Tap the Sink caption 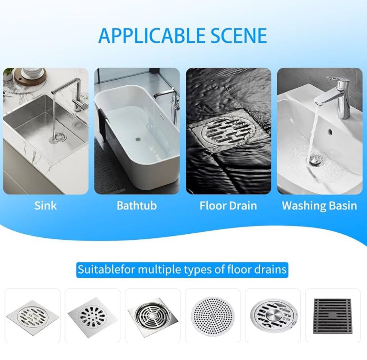45,205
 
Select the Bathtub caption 137,205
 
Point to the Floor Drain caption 228,205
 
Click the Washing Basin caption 319,205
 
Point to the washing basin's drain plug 315,159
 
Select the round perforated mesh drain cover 212,316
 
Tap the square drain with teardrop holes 92,316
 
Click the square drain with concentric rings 153,316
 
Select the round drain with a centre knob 273,316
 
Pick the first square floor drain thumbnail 33,316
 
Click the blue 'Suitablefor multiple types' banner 182,270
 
